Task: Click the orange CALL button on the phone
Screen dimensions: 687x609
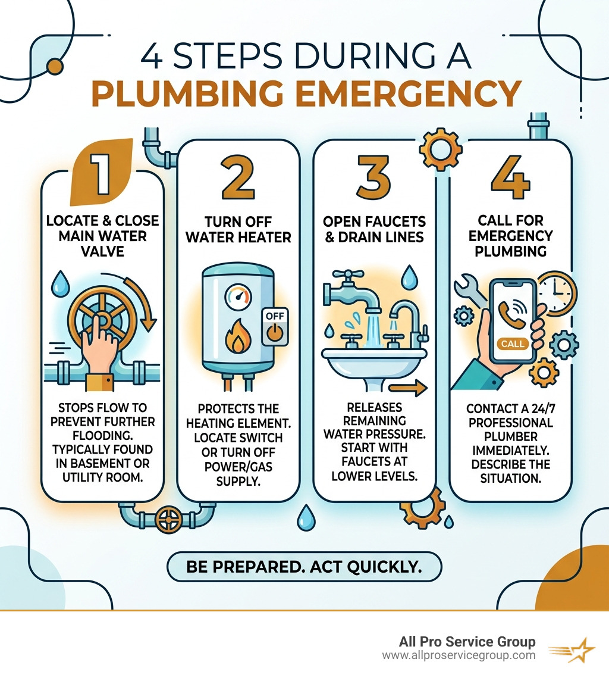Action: pos(513,343)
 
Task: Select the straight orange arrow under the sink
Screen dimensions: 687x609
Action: pos(411,389)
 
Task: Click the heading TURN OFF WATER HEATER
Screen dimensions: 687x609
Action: pos(238,230)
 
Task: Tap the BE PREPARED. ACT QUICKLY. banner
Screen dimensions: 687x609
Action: pos(304,566)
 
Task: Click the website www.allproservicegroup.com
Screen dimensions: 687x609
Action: pos(458,655)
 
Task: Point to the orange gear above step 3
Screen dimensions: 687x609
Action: pos(441,148)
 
